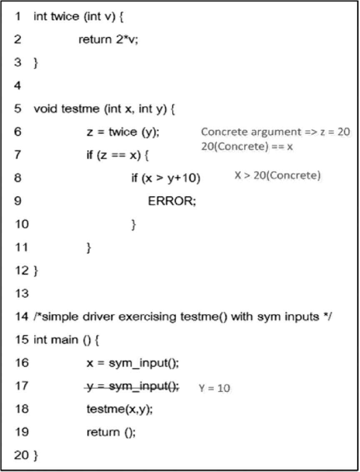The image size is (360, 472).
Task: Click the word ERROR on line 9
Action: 172,201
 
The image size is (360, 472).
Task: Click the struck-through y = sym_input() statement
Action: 132,386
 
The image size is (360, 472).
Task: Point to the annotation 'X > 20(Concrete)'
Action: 277,176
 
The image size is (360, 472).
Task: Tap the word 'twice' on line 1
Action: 64,17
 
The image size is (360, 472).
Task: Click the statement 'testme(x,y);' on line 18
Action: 120,409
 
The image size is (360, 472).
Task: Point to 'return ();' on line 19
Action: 111,432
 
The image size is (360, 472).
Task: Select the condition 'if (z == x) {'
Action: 118,156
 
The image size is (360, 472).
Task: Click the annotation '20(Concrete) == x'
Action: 247,147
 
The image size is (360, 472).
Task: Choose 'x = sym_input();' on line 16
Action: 132,363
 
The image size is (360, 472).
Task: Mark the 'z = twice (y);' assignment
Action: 123,132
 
